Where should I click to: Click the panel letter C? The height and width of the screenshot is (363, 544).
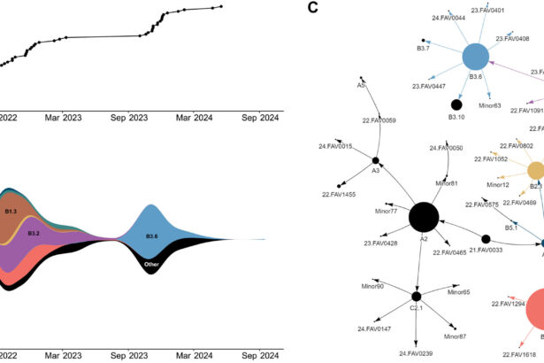click(313, 8)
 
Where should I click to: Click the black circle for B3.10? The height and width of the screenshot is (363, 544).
click(456, 104)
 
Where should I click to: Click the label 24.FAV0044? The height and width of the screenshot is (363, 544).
click(448, 17)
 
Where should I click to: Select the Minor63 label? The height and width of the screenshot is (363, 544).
click(490, 105)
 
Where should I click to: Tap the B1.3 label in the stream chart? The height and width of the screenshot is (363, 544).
click(11, 212)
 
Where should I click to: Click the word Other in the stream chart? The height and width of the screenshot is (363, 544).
click(151, 265)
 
